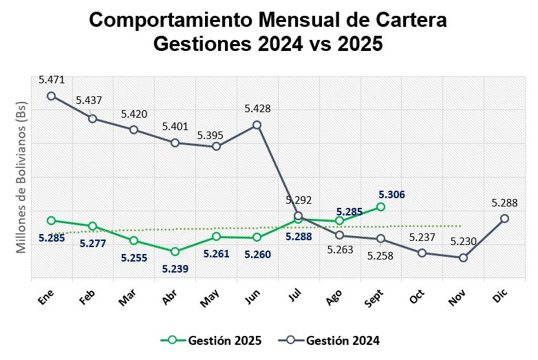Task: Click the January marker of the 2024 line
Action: tap(51, 96)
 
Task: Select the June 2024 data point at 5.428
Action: tap(257, 125)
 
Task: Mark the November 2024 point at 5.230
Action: tap(463, 257)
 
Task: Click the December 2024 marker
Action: tap(504, 218)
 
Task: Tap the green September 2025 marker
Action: tap(380, 207)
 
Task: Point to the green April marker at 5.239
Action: tap(175, 251)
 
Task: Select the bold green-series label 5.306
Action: tap(391, 195)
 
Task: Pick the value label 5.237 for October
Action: tap(423, 237)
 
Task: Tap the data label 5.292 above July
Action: tap(299, 200)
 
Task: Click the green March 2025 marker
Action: tap(133, 240)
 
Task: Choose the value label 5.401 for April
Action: tap(175, 127)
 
